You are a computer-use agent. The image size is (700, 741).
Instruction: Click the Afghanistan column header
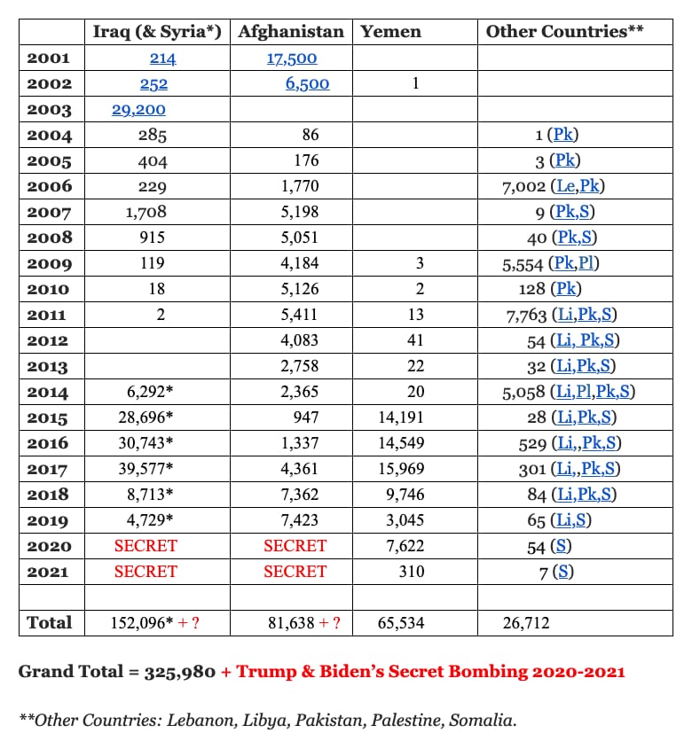tap(290, 32)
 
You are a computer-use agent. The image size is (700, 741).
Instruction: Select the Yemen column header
tap(391, 32)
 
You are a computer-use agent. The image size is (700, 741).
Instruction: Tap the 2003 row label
tap(50, 110)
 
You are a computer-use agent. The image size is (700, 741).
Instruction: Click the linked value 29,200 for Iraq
tap(138, 110)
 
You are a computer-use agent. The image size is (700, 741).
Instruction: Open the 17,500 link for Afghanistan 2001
tap(292, 58)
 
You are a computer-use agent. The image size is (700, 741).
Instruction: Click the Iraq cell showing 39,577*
tap(146, 468)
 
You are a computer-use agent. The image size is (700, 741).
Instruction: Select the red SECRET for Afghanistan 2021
tap(295, 572)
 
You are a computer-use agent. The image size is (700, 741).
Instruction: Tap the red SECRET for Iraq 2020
tap(146, 546)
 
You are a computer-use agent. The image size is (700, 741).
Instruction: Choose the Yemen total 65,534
tap(401, 623)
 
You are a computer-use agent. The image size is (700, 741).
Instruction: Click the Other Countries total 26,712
tap(526, 623)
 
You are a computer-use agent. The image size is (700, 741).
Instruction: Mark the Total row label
tap(50, 622)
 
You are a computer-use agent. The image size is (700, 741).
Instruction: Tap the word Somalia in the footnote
tap(484, 720)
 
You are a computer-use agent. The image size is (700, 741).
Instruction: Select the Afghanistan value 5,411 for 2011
tap(298, 315)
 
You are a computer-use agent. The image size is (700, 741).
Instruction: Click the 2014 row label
tap(50, 392)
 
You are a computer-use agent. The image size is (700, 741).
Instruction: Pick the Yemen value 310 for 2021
tap(412, 572)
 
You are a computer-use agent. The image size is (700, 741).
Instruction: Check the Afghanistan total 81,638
tap(291, 623)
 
